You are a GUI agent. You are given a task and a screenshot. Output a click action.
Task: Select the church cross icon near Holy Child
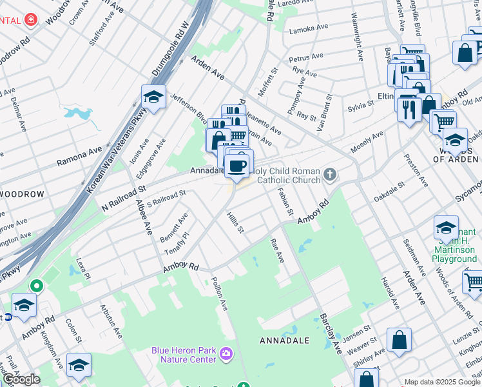pyautogui.click(x=330, y=174)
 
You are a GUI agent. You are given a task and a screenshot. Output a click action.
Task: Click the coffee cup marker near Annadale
pyautogui.click(x=238, y=165)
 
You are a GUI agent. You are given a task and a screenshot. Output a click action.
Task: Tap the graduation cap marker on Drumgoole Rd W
pyautogui.click(x=153, y=97)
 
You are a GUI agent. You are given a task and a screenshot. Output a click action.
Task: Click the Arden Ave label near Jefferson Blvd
pyautogui.click(x=207, y=68)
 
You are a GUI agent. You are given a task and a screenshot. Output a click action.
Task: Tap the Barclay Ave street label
pyautogui.click(x=329, y=333)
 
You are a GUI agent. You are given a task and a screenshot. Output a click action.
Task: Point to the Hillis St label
pyautogui.click(x=235, y=224)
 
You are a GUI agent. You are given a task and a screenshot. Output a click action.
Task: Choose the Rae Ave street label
pyautogui.click(x=277, y=251)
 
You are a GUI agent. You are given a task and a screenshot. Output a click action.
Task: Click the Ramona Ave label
pyautogui.click(x=79, y=156)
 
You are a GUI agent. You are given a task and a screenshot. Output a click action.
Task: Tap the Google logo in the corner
pyautogui.click(x=21, y=379)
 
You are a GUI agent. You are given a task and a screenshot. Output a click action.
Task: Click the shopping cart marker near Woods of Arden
pyautogui.click(x=443, y=121)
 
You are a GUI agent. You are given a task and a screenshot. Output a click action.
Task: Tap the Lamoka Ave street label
pyautogui.click(x=309, y=30)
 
